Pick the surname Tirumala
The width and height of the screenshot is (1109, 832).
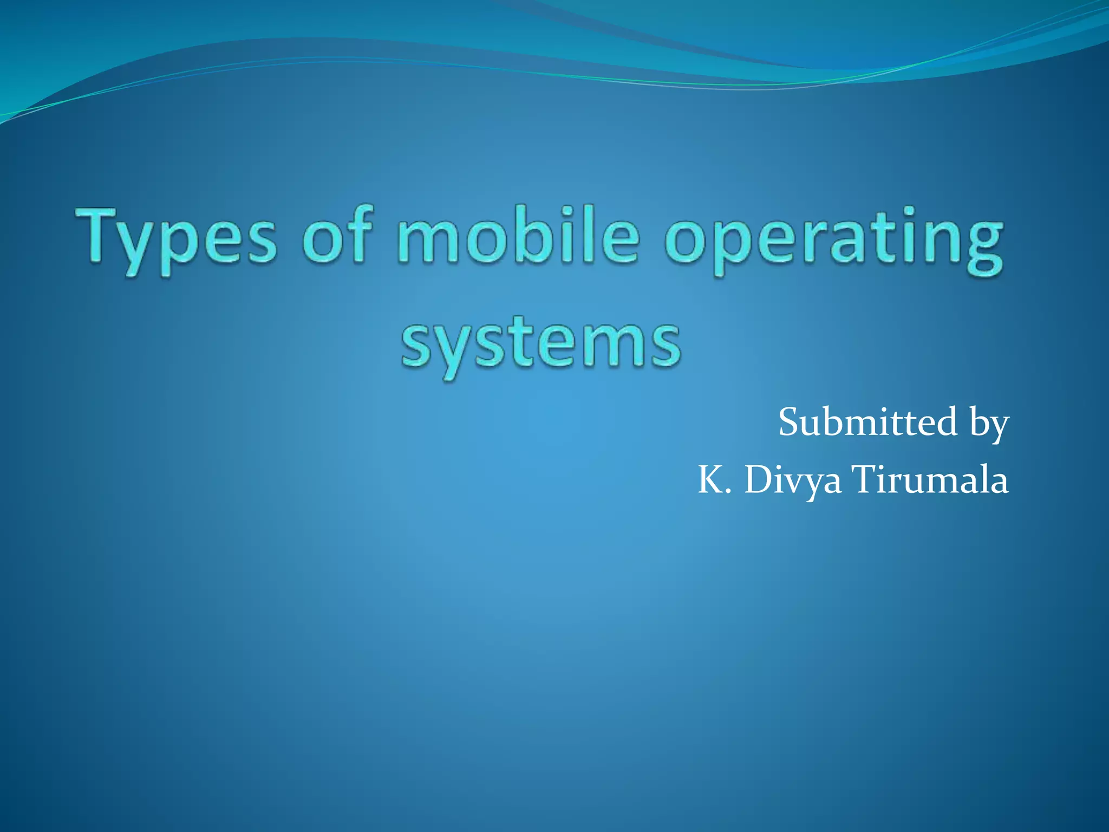click(931, 480)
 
